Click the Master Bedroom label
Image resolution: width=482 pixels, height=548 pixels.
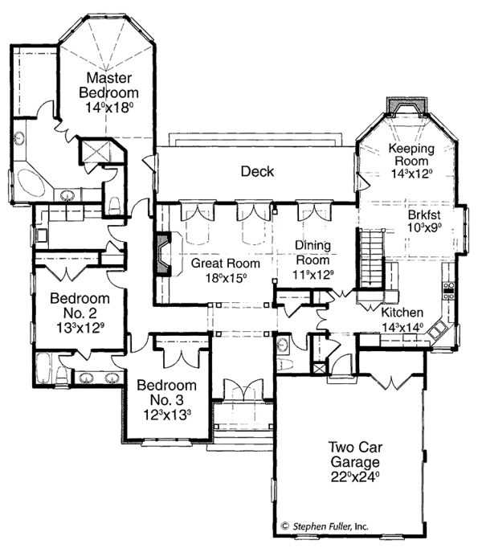pos(109,85)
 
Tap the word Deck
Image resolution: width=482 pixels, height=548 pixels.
pos(257,171)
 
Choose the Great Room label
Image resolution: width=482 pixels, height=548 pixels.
pos(225,263)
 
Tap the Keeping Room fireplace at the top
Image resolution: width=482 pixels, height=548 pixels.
pos(397,107)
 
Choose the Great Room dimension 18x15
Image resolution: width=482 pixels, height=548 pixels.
pos(225,277)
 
